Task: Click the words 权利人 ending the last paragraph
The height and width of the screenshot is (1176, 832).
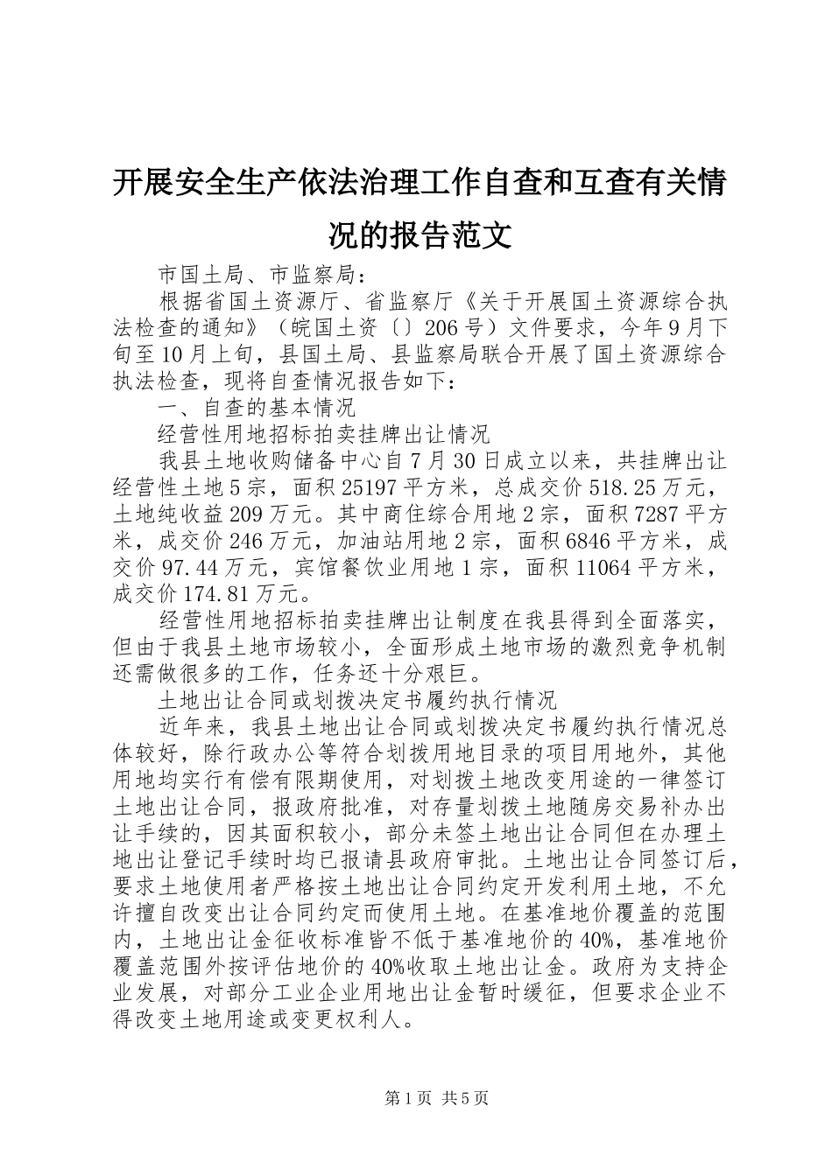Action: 362,1021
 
